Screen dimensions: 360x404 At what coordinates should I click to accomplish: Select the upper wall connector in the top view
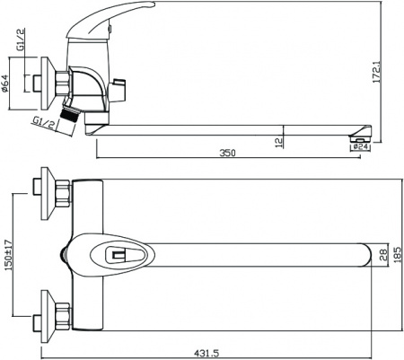[x=50, y=191]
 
